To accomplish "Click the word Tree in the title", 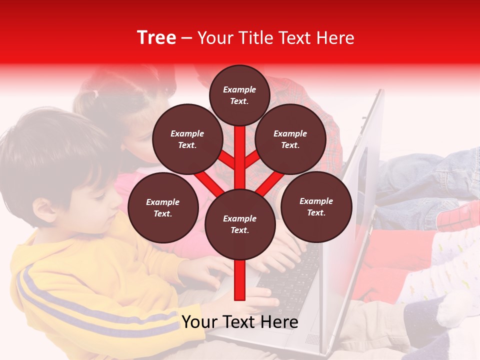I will coord(156,37).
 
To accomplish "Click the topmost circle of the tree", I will coord(239,95).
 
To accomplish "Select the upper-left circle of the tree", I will coord(187,139).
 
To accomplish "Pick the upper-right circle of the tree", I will coord(290,139).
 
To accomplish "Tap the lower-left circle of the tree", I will coord(163,207).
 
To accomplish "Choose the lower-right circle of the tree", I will coord(316,206).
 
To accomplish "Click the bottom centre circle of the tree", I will coord(240,224).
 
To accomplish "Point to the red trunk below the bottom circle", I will coord(240,280).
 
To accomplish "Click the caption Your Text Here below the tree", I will coord(240,322).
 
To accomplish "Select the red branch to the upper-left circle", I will coord(226,159).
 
